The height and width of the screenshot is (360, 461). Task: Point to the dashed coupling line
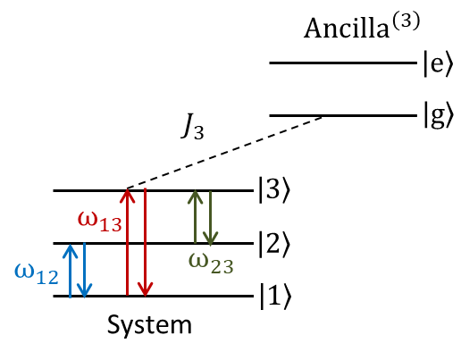(x=223, y=153)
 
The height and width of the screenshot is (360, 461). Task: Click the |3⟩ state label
(x=273, y=190)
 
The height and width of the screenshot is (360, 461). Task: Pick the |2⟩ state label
(x=273, y=243)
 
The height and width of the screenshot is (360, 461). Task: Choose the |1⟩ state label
(x=273, y=296)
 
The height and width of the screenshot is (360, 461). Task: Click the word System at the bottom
(x=149, y=323)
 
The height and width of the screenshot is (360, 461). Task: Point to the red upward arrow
(x=128, y=241)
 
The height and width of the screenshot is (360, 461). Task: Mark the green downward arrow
(x=210, y=218)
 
